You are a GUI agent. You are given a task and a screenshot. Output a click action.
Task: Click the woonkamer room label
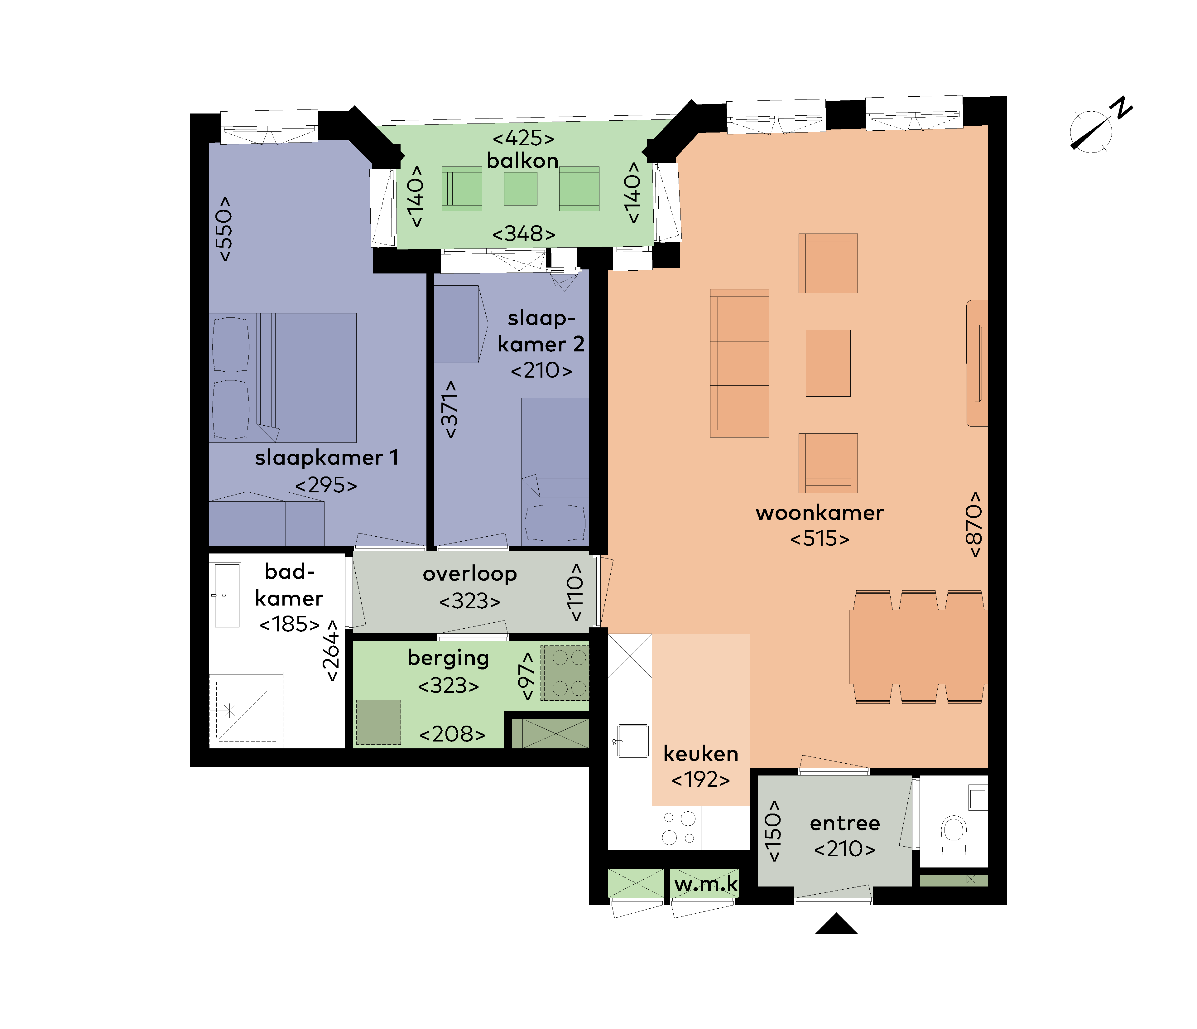click(820, 513)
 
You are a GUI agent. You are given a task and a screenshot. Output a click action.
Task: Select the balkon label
click(522, 161)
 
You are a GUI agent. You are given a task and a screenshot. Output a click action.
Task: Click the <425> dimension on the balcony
click(523, 138)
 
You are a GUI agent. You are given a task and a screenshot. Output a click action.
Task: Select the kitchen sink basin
click(633, 741)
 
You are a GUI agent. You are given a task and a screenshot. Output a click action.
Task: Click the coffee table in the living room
click(828, 363)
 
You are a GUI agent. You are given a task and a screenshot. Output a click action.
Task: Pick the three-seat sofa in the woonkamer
click(739, 363)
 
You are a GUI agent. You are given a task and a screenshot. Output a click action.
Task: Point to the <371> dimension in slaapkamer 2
click(449, 409)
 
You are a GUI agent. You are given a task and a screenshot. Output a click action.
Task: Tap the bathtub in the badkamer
click(225, 596)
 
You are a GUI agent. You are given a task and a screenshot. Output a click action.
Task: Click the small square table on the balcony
click(521, 189)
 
